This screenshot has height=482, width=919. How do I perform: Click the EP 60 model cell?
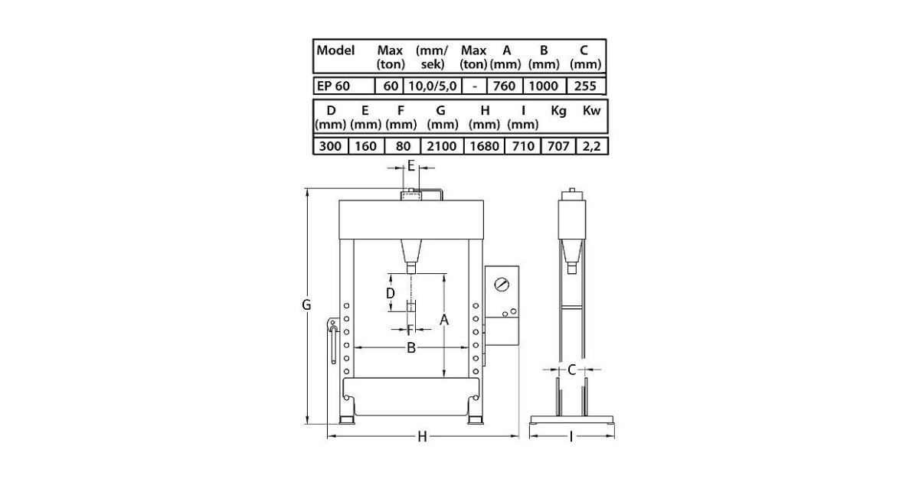click(x=333, y=86)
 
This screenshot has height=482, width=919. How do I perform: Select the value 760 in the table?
click(x=504, y=86)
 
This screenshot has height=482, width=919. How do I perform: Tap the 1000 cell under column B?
click(x=543, y=86)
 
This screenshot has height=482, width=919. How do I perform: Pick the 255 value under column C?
click(x=585, y=86)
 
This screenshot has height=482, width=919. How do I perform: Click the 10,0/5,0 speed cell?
click(x=433, y=86)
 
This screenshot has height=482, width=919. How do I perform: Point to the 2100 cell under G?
click(x=441, y=146)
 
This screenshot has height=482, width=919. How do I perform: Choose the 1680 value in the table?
click(x=484, y=146)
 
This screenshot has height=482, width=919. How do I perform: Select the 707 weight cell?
click(x=558, y=146)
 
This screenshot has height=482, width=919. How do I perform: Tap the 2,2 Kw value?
click(x=591, y=147)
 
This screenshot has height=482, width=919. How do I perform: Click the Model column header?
click(x=335, y=50)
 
